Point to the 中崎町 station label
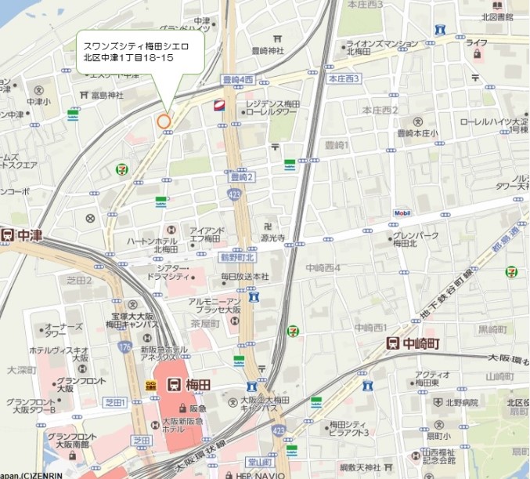tap(423, 343)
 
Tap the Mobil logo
tap(402, 212)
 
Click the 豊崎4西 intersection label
tap(238, 79)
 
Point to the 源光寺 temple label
tap(272, 237)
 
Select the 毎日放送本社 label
tap(244, 277)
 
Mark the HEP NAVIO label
tap(260, 474)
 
